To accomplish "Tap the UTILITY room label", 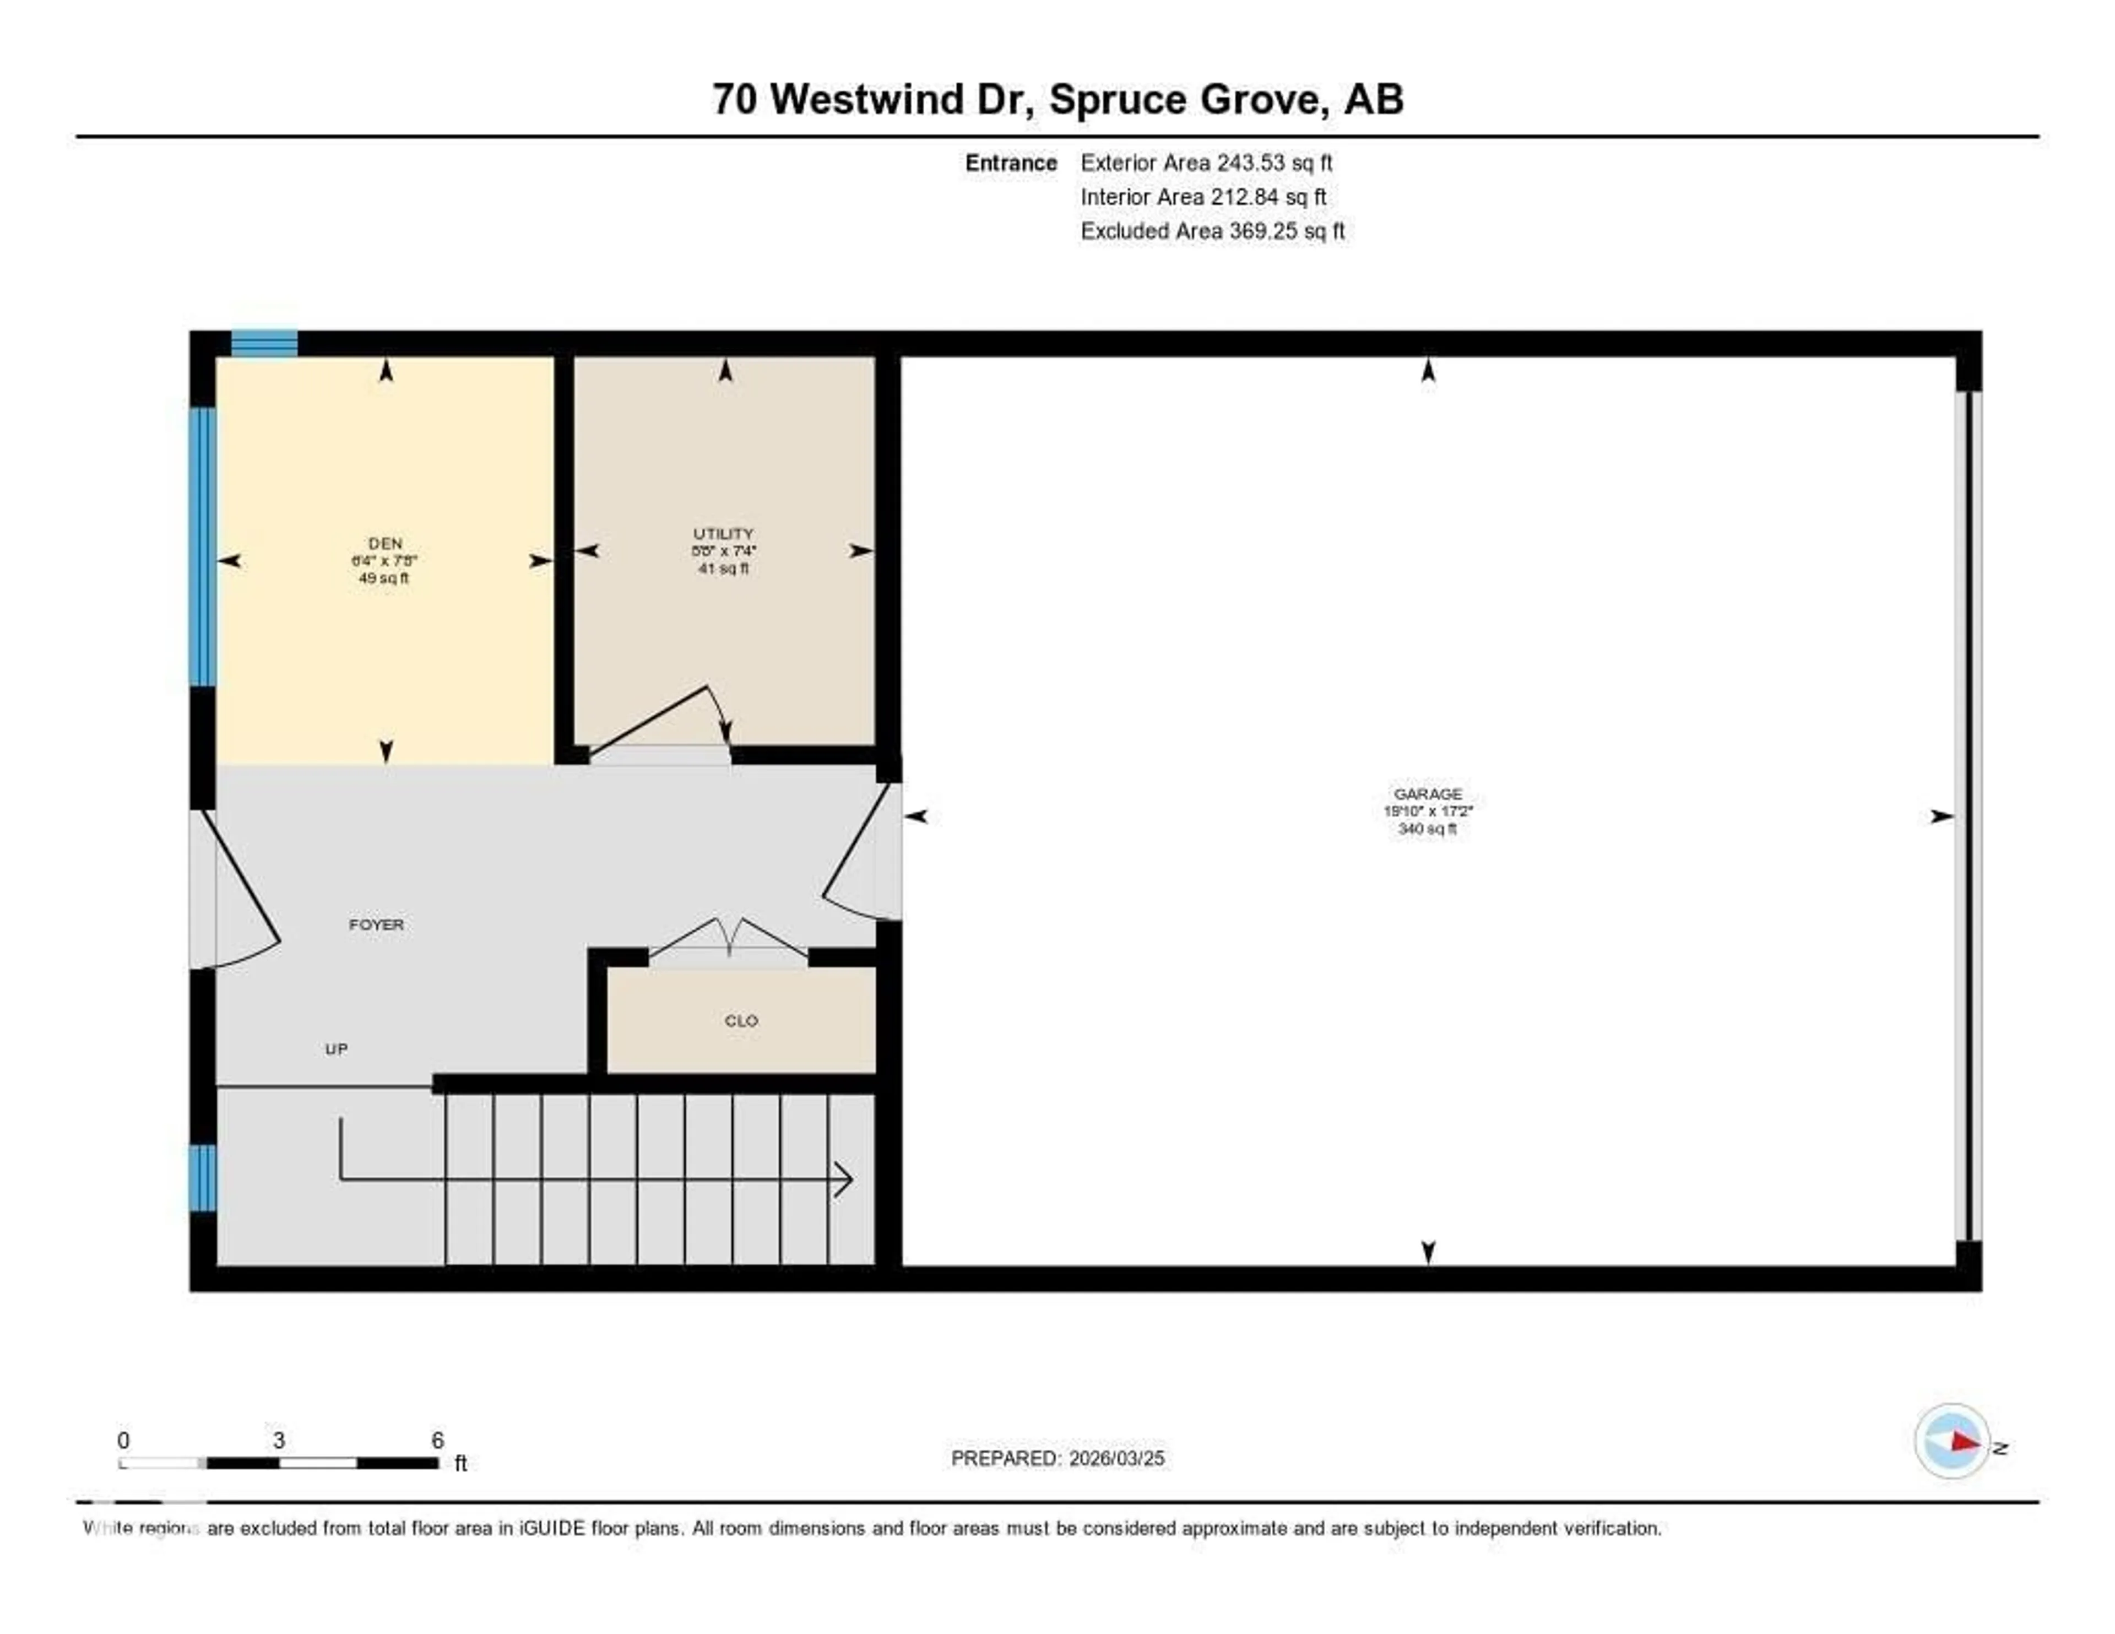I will [723, 534].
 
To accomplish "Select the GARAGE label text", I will [1428, 793].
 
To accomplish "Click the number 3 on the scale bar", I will [279, 1440].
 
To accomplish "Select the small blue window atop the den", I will [263, 343].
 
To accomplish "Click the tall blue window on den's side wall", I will [202, 547].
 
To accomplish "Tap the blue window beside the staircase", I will [202, 1178].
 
